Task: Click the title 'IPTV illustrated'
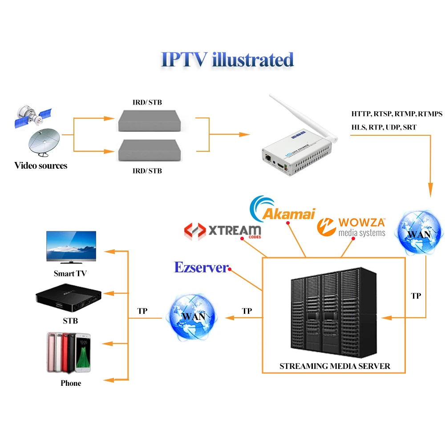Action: [227, 60]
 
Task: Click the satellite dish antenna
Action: [44, 142]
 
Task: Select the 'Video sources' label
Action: [41, 166]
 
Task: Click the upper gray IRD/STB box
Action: [150, 121]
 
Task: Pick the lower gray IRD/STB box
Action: [150, 150]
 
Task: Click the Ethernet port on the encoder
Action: [267, 158]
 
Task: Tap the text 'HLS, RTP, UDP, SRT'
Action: [384, 127]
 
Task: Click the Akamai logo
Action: [283, 210]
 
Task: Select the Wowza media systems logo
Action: [352, 227]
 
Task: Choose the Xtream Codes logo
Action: [223, 231]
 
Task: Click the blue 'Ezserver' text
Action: [201, 267]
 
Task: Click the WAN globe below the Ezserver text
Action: [193, 317]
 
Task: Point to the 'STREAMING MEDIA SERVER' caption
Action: [335, 366]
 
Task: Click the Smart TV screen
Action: [71, 246]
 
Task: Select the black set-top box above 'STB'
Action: [69, 298]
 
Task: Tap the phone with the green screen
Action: [83, 353]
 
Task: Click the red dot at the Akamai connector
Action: [288, 223]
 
